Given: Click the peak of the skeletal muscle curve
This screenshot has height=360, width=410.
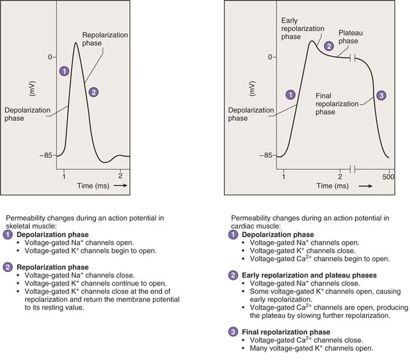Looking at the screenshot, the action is pos(76,43).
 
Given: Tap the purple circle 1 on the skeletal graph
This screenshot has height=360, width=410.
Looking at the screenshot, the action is pos(64,71).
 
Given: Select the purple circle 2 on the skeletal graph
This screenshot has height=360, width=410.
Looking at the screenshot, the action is pos(94,92).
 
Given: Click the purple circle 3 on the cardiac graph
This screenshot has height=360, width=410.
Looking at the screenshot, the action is pos(381,95).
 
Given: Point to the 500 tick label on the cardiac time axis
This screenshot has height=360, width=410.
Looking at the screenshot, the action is pos(388,177).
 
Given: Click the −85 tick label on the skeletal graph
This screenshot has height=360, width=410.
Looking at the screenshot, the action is pos(46,155).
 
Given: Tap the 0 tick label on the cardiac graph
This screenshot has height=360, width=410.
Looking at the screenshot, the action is pos(270,57).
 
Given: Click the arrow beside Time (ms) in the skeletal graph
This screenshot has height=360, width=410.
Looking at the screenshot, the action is pos(121,185).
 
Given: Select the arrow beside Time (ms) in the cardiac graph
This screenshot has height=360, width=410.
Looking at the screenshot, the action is pos(365,186).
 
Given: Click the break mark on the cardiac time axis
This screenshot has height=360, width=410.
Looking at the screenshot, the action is pos(352,169).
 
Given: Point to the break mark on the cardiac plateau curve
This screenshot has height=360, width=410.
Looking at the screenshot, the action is pos(352,58).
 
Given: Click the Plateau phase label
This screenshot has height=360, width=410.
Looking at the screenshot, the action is pos(351,37).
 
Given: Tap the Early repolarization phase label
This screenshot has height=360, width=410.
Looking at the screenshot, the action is pos(302,29).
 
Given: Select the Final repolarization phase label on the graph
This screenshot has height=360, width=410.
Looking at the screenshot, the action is pos(337,104).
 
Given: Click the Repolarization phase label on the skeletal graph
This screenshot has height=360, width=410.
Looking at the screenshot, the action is pos(105,39).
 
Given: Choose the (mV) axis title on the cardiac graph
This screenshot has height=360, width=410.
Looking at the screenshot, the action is pos(252,89).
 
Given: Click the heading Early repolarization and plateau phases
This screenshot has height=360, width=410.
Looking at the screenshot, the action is pos(309,275).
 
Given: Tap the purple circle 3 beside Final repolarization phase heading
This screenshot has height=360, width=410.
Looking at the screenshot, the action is pos(233,332).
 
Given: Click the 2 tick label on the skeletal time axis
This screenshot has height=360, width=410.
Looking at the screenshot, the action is pos(121,176).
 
